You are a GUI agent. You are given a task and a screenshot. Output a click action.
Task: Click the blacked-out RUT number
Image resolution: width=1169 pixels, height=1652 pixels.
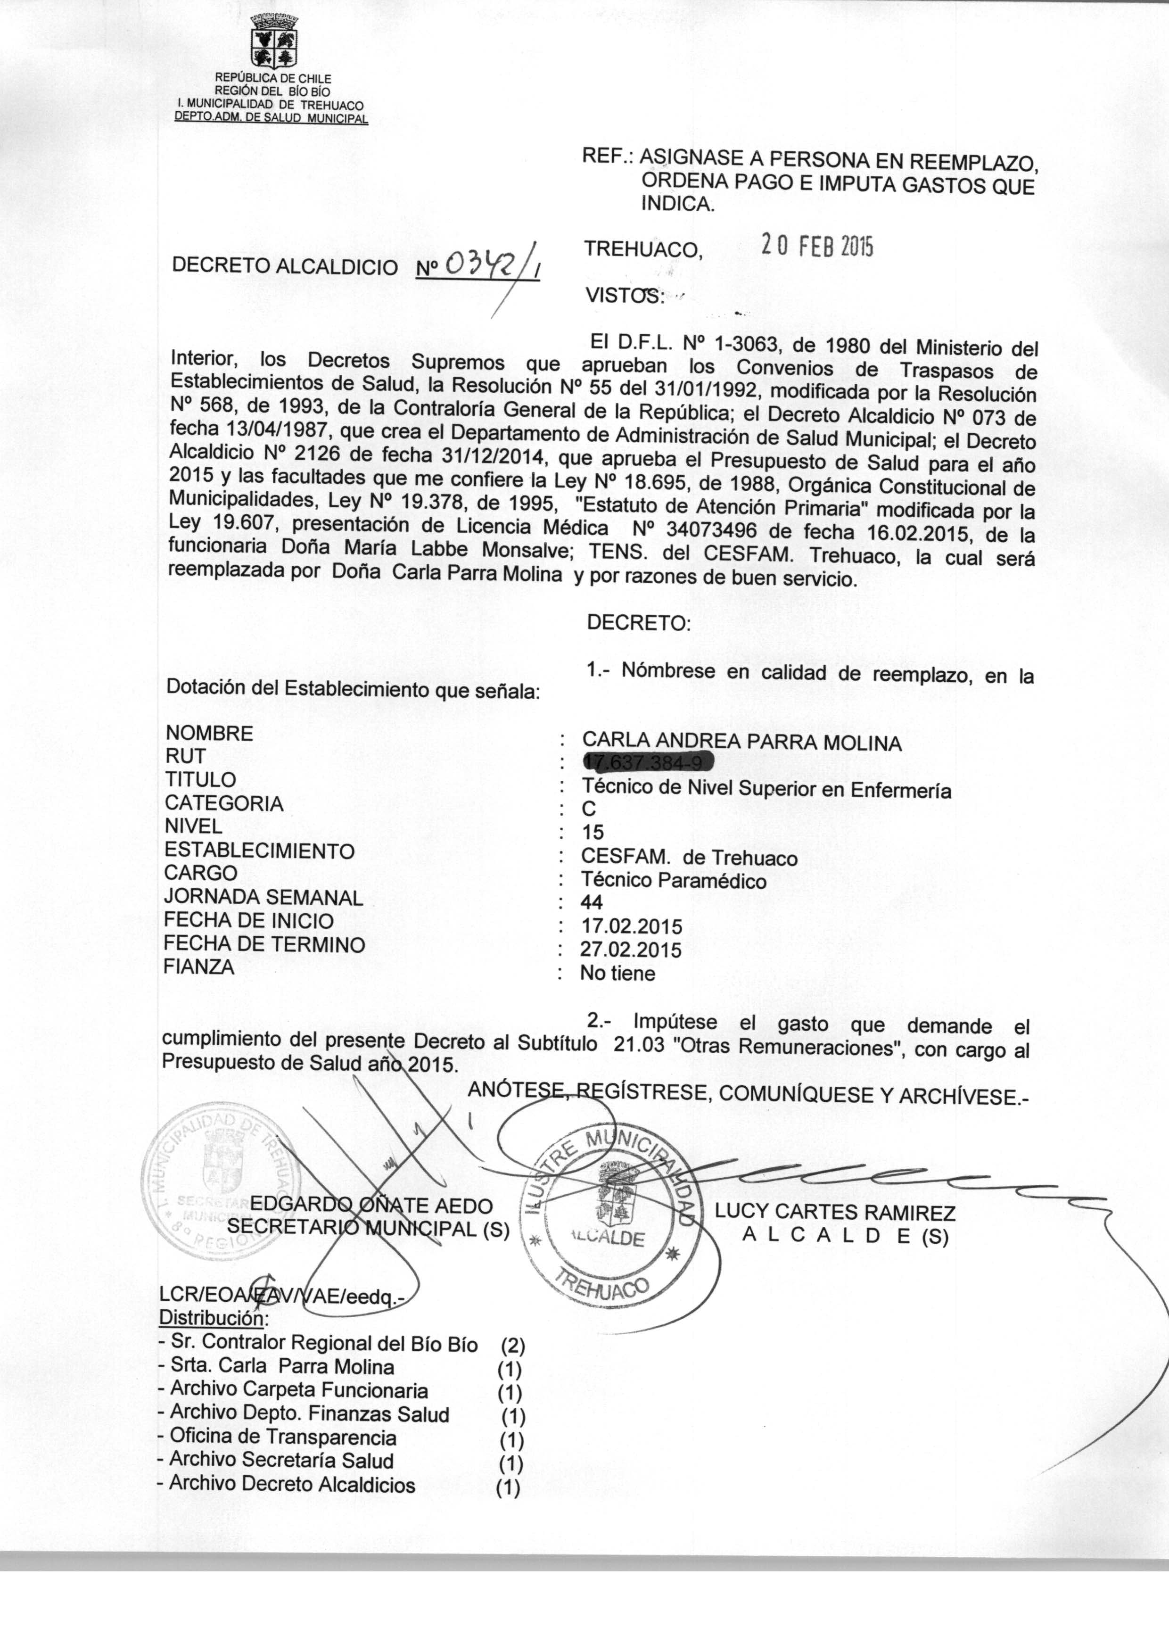tap(646, 761)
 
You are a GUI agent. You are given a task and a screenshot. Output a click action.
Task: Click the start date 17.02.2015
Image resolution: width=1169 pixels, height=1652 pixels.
tap(631, 925)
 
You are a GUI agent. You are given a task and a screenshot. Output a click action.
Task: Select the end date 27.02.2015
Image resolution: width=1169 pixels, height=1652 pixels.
tap(631, 950)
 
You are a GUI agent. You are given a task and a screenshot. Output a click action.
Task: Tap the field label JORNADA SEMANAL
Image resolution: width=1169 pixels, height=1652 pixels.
tap(263, 898)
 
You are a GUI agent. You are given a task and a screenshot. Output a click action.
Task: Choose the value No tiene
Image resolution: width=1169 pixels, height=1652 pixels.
tap(617, 973)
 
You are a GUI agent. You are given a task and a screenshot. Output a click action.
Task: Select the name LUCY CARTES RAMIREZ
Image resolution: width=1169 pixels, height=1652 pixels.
tap(835, 1213)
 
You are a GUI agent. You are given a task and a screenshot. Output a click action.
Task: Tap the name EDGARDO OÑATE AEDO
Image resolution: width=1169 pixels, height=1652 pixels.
tap(370, 1205)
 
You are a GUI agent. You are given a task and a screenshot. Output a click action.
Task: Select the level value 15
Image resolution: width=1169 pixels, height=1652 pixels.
tap(593, 832)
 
